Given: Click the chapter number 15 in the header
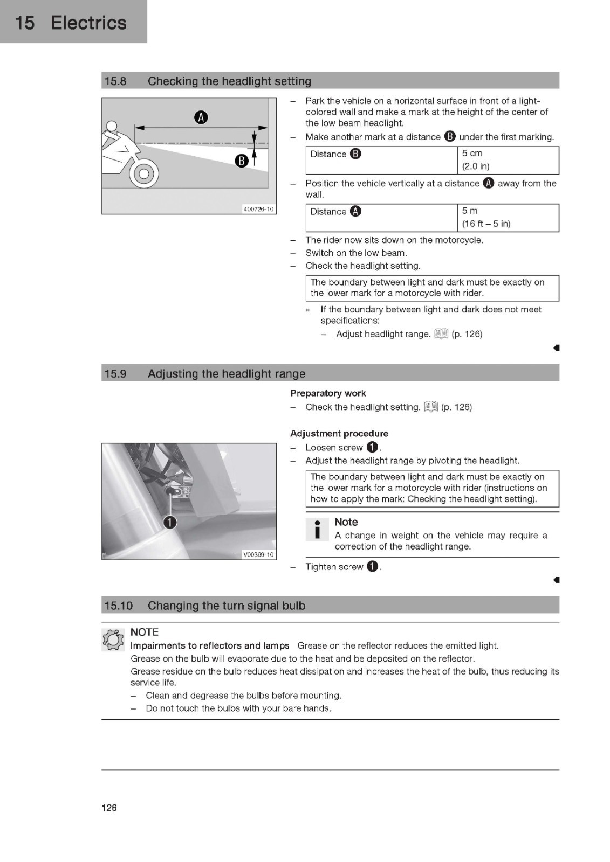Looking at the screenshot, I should pyautogui.click(x=25, y=23).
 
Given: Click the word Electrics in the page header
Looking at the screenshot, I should pyautogui.click(x=88, y=23).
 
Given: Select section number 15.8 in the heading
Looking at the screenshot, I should pyautogui.click(x=115, y=81).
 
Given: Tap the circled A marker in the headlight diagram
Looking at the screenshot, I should pyautogui.click(x=201, y=117).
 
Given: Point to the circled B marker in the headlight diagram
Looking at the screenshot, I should pyautogui.click(x=242, y=161).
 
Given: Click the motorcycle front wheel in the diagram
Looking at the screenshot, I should pyautogui.click(x=143, y=173).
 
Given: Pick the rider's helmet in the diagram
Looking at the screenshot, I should pyautogui.click(x=111, y=127).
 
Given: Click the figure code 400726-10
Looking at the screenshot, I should pyautogui.click(x=258, y=209).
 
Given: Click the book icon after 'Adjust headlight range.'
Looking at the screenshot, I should pyautogui.click(x=441, y=334).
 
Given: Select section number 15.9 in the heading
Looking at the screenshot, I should pyautogui.click(x=115, y=374).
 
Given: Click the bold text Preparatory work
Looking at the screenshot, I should pyautogui.click(x=328, y=393).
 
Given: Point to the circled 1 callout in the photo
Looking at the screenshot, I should pyautogui.click(x=170, y=522).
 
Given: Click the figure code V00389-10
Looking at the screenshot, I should pyautogui.click(x=258, y=554).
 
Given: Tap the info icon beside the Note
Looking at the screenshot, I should pyautogui.click(x=317, y=529).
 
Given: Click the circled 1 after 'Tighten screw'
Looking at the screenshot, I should pyautogui.click(x=372, y=566).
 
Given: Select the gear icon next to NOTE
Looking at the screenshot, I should pyautogui.click(x=113, y=639).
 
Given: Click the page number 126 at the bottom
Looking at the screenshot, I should pyautogui.click(x=109, y=808).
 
